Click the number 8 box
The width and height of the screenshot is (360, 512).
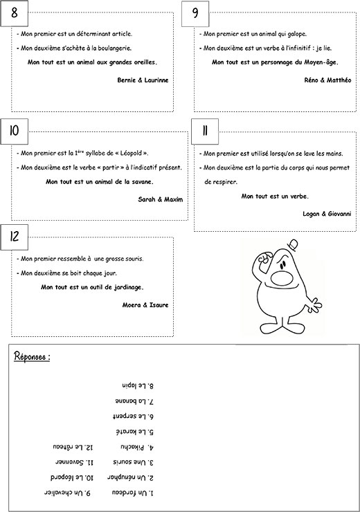tap(15, 13)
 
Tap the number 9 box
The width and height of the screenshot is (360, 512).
tap(195, 14)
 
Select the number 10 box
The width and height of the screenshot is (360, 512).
tap(15, 131)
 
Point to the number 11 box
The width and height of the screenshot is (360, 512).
tap(205, 131)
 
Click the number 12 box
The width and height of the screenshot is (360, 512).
tap(15, 237)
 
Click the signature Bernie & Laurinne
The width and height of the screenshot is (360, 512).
tap(143, 80)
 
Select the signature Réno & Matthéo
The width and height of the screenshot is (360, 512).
tap(327, 80)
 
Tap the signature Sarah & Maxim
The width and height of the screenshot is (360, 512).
tap(161, 199)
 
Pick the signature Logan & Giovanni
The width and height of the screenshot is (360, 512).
tap(327, 214)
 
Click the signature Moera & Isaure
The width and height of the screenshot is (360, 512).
tap(145, 305)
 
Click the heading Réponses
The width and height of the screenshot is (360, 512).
tap(32, 356)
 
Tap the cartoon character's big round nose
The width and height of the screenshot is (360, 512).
tap(280, 278)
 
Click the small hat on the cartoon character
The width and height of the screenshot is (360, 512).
tap(294, 245)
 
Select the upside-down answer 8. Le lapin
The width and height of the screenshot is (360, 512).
tap(138, 385)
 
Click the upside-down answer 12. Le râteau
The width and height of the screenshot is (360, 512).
tap(73, 447)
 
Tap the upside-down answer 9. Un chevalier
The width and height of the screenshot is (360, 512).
tap(67, 493)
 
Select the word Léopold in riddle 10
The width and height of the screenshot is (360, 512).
tap(132, 153)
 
